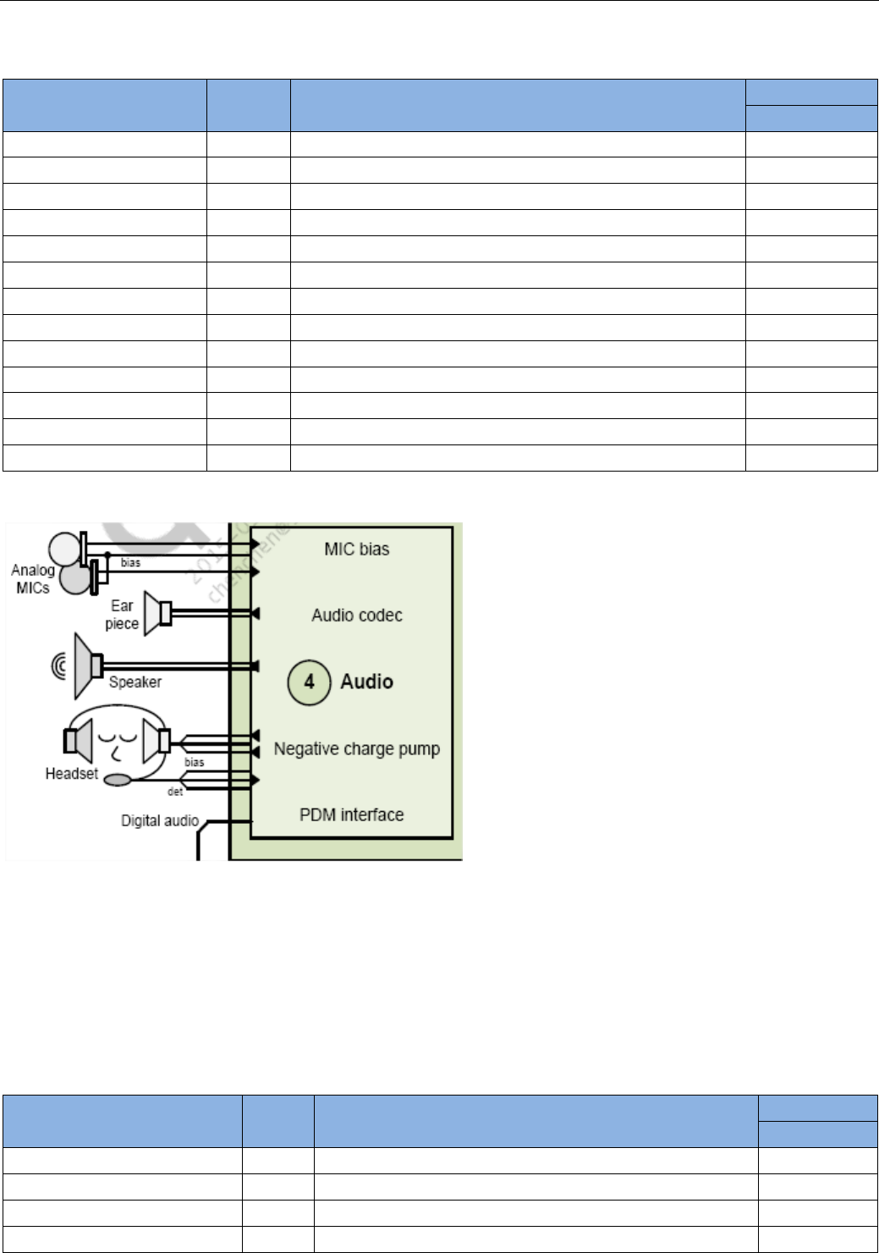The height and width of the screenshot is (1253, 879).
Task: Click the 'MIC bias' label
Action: tap(356, 549)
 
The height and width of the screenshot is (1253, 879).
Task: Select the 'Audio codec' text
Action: tap(356, 615)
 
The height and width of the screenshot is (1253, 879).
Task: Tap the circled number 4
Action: tap(309, 682)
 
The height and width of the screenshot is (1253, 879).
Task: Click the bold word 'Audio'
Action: tap(366, 682)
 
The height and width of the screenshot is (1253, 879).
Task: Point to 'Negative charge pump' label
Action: tap(356, 749)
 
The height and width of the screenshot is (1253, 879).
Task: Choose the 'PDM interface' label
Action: tap(351, 815)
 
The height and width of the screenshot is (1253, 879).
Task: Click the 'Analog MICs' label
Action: tap(32, 579)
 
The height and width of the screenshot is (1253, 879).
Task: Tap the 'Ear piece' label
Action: tap(122, 615)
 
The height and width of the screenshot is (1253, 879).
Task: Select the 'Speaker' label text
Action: tap(135, 682)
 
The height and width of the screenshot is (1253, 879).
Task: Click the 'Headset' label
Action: tap(71, 774)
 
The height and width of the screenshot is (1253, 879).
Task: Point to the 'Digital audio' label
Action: tap(159, 820)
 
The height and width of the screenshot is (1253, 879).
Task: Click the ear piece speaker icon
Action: tap(157, 613)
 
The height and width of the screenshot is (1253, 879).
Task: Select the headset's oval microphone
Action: tap(118, 780)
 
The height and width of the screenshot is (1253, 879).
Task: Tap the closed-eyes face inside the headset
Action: tap(116, 742)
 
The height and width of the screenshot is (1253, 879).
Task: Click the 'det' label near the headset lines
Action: tap(175, 792)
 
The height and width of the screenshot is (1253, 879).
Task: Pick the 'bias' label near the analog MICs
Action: tap(130, 563)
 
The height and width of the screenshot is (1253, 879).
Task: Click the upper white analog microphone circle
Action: tap(63, 548)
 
